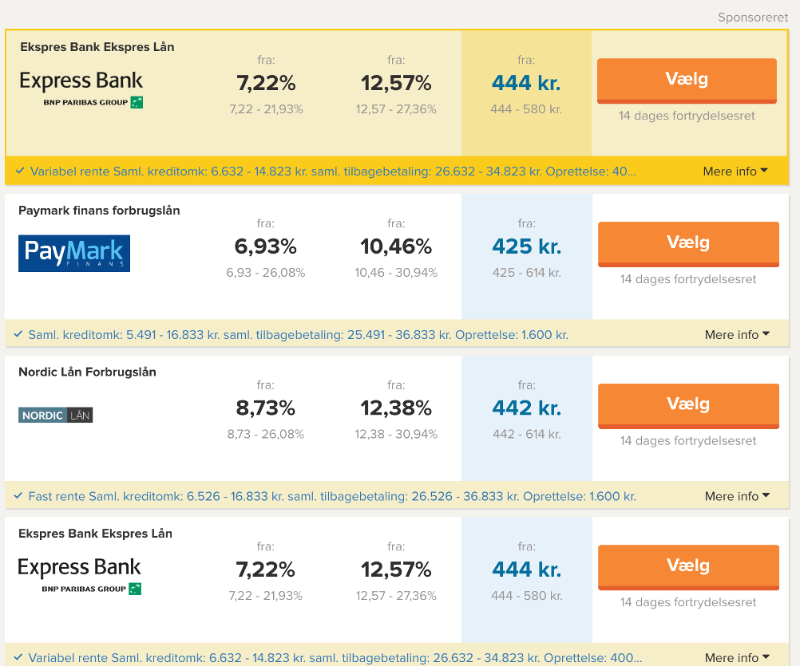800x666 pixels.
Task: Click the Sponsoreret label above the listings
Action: tap(752, 18)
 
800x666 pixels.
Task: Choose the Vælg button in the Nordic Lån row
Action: tap(688, 405)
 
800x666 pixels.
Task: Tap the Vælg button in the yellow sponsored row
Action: tap(687, 80)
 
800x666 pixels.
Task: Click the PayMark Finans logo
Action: tap(74, 253)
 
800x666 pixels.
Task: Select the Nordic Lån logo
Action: tap(56, 416)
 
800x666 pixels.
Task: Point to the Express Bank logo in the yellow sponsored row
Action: tap(81, 89)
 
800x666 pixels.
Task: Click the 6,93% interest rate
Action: tap(265, 246)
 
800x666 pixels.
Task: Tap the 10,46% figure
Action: tap(396, 246)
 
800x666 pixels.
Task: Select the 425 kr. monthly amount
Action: tap(526, 246)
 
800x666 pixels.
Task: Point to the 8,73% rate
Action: tap(265, 408)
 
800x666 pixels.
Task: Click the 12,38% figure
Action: tap(396, 408)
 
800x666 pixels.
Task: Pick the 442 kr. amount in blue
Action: tap(526, 408)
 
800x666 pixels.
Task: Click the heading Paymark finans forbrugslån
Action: tap(99, 211)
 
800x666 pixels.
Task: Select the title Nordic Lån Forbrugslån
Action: tap(87, 372)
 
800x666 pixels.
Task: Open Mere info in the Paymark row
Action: tap(737, 335)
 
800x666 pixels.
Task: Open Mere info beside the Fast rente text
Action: tap(737, 496)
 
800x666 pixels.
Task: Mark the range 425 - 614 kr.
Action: tap(526, 273)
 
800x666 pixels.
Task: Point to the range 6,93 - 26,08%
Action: tap(265, 273)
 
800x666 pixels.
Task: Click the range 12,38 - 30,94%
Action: tap(396, 435)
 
